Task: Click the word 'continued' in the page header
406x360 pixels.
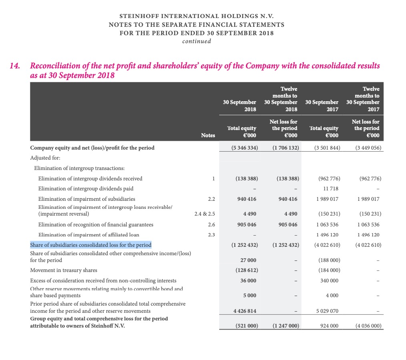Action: pos(196,41)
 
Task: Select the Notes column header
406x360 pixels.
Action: pos(208,136)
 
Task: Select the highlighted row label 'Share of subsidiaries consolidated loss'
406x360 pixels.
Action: pos(91,245)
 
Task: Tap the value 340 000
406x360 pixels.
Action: pos(328,280)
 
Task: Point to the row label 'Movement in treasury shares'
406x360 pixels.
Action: pos(64,270)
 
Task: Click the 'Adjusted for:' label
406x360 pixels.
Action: pos(44,158)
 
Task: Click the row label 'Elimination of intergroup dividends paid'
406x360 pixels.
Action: pos(86,188)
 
